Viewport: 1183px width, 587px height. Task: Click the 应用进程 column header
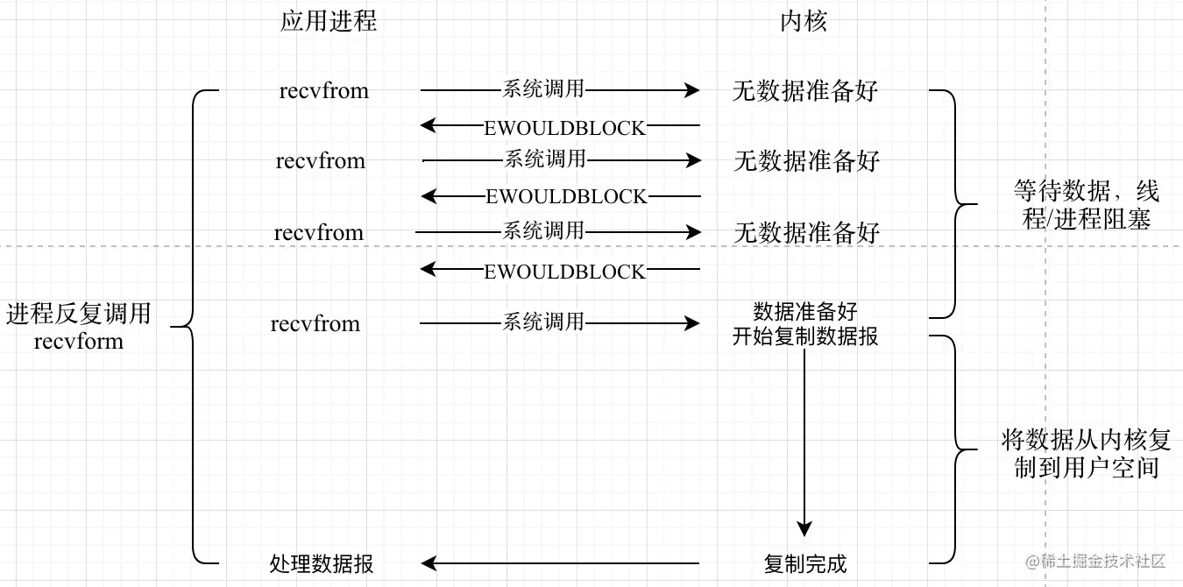point(328,22)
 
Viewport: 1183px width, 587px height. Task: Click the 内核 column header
point(804,22)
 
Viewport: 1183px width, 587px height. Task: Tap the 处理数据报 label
point(322,563)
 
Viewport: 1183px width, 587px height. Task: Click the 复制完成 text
point(804,563)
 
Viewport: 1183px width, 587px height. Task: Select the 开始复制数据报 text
point(804,336)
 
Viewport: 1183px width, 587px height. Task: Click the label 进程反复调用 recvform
point(79,327)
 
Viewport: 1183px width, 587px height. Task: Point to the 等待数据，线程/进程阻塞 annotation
point(1086,205)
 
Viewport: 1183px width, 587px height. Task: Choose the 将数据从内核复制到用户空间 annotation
point(1086,454)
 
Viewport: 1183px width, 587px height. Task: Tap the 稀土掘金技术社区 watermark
point(1095,561)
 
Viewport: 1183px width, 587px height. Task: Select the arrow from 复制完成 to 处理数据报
point(560,563)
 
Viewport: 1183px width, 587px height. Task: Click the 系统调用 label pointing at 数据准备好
point(543,322)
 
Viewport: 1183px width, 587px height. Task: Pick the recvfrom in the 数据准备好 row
point(315,323)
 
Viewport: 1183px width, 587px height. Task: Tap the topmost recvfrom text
point(323,91)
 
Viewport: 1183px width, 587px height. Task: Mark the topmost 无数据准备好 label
point(804,91)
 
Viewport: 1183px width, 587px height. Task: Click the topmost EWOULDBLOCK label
point(564,128)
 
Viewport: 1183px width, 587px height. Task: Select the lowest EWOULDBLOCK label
point(564,272)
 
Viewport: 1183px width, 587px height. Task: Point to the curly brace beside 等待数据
point(956,204)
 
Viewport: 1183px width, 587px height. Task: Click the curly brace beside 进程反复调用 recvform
point(192,327)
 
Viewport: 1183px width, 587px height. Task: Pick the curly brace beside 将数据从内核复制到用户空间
point(956,449)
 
